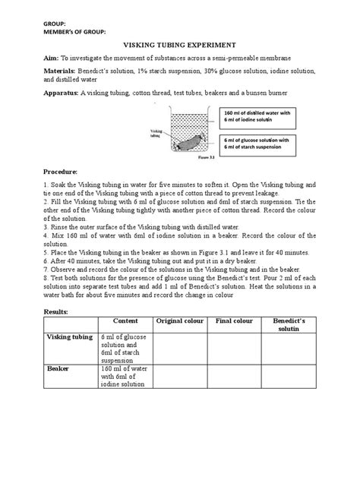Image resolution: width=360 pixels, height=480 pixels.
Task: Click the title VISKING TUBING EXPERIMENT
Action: (x=179, y=45)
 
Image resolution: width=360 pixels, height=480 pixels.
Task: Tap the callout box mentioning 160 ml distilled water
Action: (x=256, y=118)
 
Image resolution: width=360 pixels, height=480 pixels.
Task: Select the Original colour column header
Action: (x=181, y=321)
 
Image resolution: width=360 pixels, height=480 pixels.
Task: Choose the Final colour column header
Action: (x=234, y=321)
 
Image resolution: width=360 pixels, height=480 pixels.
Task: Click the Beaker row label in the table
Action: (x=60, y=368)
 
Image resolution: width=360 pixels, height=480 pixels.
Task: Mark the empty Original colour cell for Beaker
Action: (x=181, y=377)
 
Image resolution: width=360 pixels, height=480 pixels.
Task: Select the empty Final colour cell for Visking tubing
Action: (x=234, y=347)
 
